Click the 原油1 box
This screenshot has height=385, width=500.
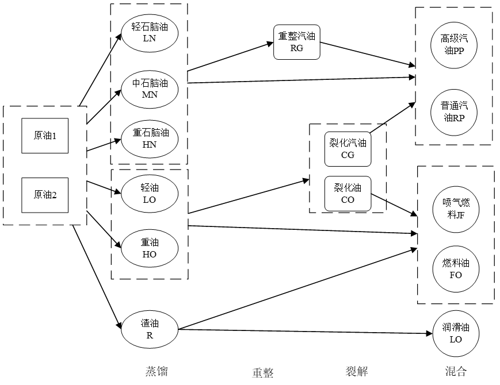tap(45, 136)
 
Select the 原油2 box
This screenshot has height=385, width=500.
tap(45, 195)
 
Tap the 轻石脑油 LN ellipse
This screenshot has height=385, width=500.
tap(150, 33)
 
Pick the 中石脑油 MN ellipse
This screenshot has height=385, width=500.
tap(150, 90)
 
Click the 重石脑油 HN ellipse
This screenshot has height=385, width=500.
tap(150, 139)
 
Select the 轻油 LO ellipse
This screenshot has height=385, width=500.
tap(150, 194)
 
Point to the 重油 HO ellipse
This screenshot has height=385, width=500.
tap(150, 248)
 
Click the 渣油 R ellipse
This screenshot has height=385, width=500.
tap(150, 329)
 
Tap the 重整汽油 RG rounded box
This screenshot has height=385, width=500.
tap(297, 42)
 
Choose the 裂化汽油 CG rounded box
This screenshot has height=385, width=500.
tap(348, 149)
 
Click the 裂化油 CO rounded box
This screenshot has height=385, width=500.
tap(348, 194)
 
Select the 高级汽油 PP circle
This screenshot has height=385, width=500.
tap(454, 45)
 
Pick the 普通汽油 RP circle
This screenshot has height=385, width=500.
tap(454, 113)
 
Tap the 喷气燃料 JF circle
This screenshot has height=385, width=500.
tap(456, 209)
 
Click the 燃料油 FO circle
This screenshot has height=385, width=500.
tap(456, 269)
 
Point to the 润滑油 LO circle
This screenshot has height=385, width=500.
tap(456, 333)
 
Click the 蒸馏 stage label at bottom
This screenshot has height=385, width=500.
tap(157, 371)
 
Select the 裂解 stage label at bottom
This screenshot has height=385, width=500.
tap(357, 371)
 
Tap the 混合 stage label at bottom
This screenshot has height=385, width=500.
tap(456, 371)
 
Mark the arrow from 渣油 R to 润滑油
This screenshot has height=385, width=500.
tap(306, 332)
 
